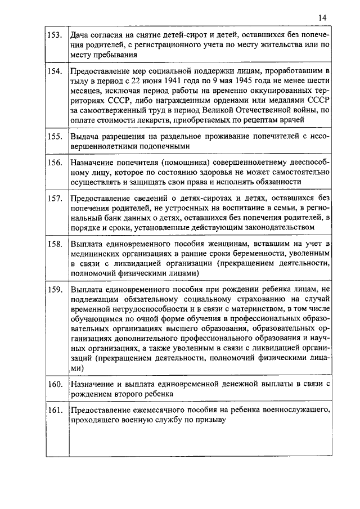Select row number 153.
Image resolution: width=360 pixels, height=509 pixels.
click(x=55, y=35)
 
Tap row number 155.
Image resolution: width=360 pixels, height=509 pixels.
click(x=55, y=136)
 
